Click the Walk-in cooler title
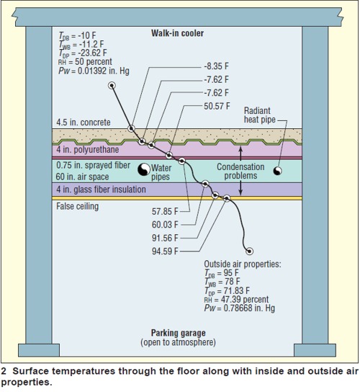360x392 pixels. click(177, 33)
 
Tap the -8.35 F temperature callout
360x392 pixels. click(216, 66)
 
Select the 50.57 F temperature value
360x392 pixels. click(217, 106)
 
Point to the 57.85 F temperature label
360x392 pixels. click(165, 212)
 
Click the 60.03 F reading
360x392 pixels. click(165, 225)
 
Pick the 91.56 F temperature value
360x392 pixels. click(165, 238)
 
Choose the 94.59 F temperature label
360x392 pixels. click(165, 251)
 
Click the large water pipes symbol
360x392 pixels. click(144, 169)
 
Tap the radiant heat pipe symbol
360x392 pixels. click(277, 171)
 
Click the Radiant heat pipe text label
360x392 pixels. click(260, 115)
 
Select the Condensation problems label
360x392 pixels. click(240, 171)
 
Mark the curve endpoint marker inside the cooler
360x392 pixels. click(112, 86)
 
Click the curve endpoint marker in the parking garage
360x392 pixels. click(249, 251)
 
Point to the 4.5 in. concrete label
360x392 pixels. click(84, 122)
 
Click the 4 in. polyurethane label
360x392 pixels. click(87, 149)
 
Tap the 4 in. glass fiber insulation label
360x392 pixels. click(101, 190)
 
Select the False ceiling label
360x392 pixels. click(78, 206)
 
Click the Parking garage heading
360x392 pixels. click(178, 333)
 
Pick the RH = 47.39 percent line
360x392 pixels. click(236, 299)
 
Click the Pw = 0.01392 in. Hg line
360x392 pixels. click(94, 71)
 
